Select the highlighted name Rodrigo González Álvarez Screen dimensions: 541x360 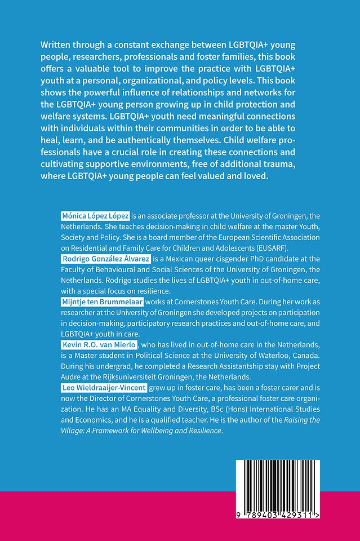click(105, 259)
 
